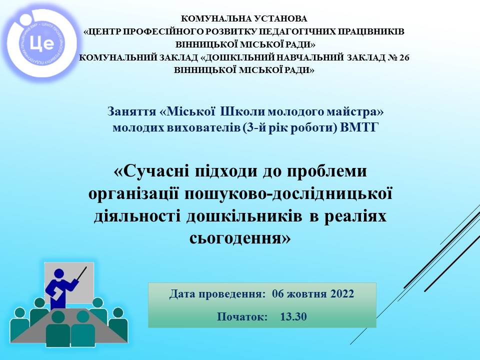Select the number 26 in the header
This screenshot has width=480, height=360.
pyautogui.click(x=404, y=57)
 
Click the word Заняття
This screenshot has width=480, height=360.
pyautogui.click(x=132, y=111)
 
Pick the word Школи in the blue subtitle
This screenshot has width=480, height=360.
pyautogui.click(x=242, y=111)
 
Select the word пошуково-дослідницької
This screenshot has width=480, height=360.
pyautogui.click(x=288, y=194)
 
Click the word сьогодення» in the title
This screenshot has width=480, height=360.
pyautogui.click(x=240, y=238)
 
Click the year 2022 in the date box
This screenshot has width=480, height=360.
pyautogui.click(x=342, y=293)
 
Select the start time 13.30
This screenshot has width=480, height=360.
pyautogui.click(x=293, y=316)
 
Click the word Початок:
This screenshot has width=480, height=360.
pyautogui.click(x=242, y=316)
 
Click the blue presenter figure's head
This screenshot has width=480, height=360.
pyautogui.click(x=59, y=273)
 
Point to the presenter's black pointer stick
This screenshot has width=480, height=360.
pyautogui.click(x=82, y=273)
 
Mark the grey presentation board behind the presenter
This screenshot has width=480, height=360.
pyautogui.click(x=69, y=282)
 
